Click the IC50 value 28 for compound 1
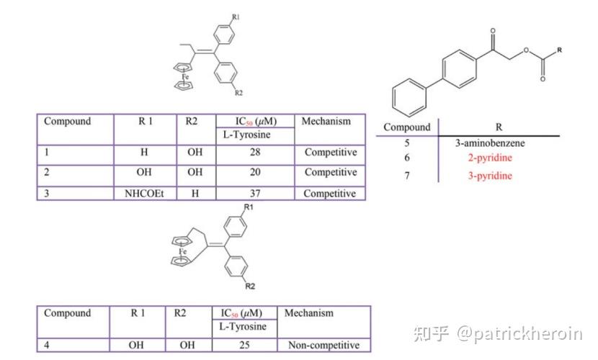(257, 153)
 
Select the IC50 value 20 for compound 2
(257, 173)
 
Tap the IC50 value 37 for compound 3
(257, 194)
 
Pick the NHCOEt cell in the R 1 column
(145, 194)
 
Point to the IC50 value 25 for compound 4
(244, 345)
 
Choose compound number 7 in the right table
(407, 176)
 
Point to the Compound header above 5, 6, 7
(406, 127)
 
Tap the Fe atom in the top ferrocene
(185, 75)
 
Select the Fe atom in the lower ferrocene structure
(183, 251)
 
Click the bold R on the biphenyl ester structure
(559, 49)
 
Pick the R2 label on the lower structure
(250, 287)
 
